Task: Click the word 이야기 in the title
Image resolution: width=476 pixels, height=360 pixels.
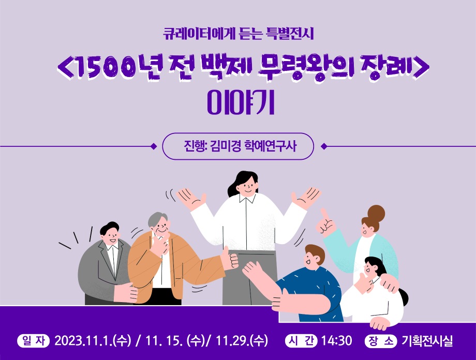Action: click(x=241, y=103)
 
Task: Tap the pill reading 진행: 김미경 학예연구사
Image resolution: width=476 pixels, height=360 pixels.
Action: click(x=238, y=146)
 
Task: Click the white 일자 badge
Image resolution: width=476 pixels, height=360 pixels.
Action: click(x=34, y=340)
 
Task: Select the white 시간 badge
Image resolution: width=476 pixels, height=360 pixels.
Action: click(x=301, y=340)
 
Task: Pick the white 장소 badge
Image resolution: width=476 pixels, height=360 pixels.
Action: click(x=381, y=340)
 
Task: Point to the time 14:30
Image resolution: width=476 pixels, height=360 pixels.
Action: click(x=336, y=340)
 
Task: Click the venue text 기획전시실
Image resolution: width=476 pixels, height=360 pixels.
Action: click(x=427, y=340)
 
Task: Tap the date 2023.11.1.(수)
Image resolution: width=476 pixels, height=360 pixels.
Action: click(x=93, y=340)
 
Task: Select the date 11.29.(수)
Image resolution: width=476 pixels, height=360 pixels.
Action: click(x=242, y=340)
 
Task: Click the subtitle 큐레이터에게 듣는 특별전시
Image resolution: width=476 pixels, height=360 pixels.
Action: click(x=239, y=34)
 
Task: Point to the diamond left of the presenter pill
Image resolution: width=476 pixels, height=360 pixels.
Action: click(x=154, y=146)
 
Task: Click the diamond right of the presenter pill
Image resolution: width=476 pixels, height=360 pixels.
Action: click(x=324, y=146)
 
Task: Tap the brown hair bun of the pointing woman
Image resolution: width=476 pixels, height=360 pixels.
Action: click(x=376, y=214)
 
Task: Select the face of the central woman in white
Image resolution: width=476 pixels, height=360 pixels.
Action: click(x=246, y=185)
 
